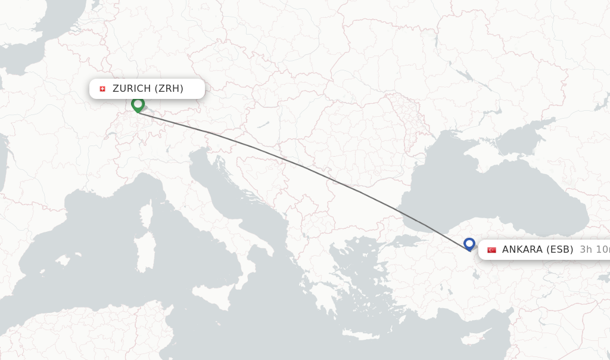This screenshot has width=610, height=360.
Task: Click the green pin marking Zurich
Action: [x=138, y=105]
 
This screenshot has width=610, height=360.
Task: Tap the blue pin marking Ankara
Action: [x=469, y=244]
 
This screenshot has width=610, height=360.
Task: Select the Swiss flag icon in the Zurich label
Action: [x=102, y=89]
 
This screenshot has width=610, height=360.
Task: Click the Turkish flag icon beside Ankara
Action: [x=491, y=250]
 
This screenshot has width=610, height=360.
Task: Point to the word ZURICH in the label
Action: [x=132, y=89]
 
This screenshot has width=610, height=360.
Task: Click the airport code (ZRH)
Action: [x=169, y=89]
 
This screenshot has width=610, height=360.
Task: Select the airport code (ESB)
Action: [x=561, y=250]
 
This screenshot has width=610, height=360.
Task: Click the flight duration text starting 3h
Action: [x=594, y=250]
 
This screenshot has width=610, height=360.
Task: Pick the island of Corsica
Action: [x=147, y=210]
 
